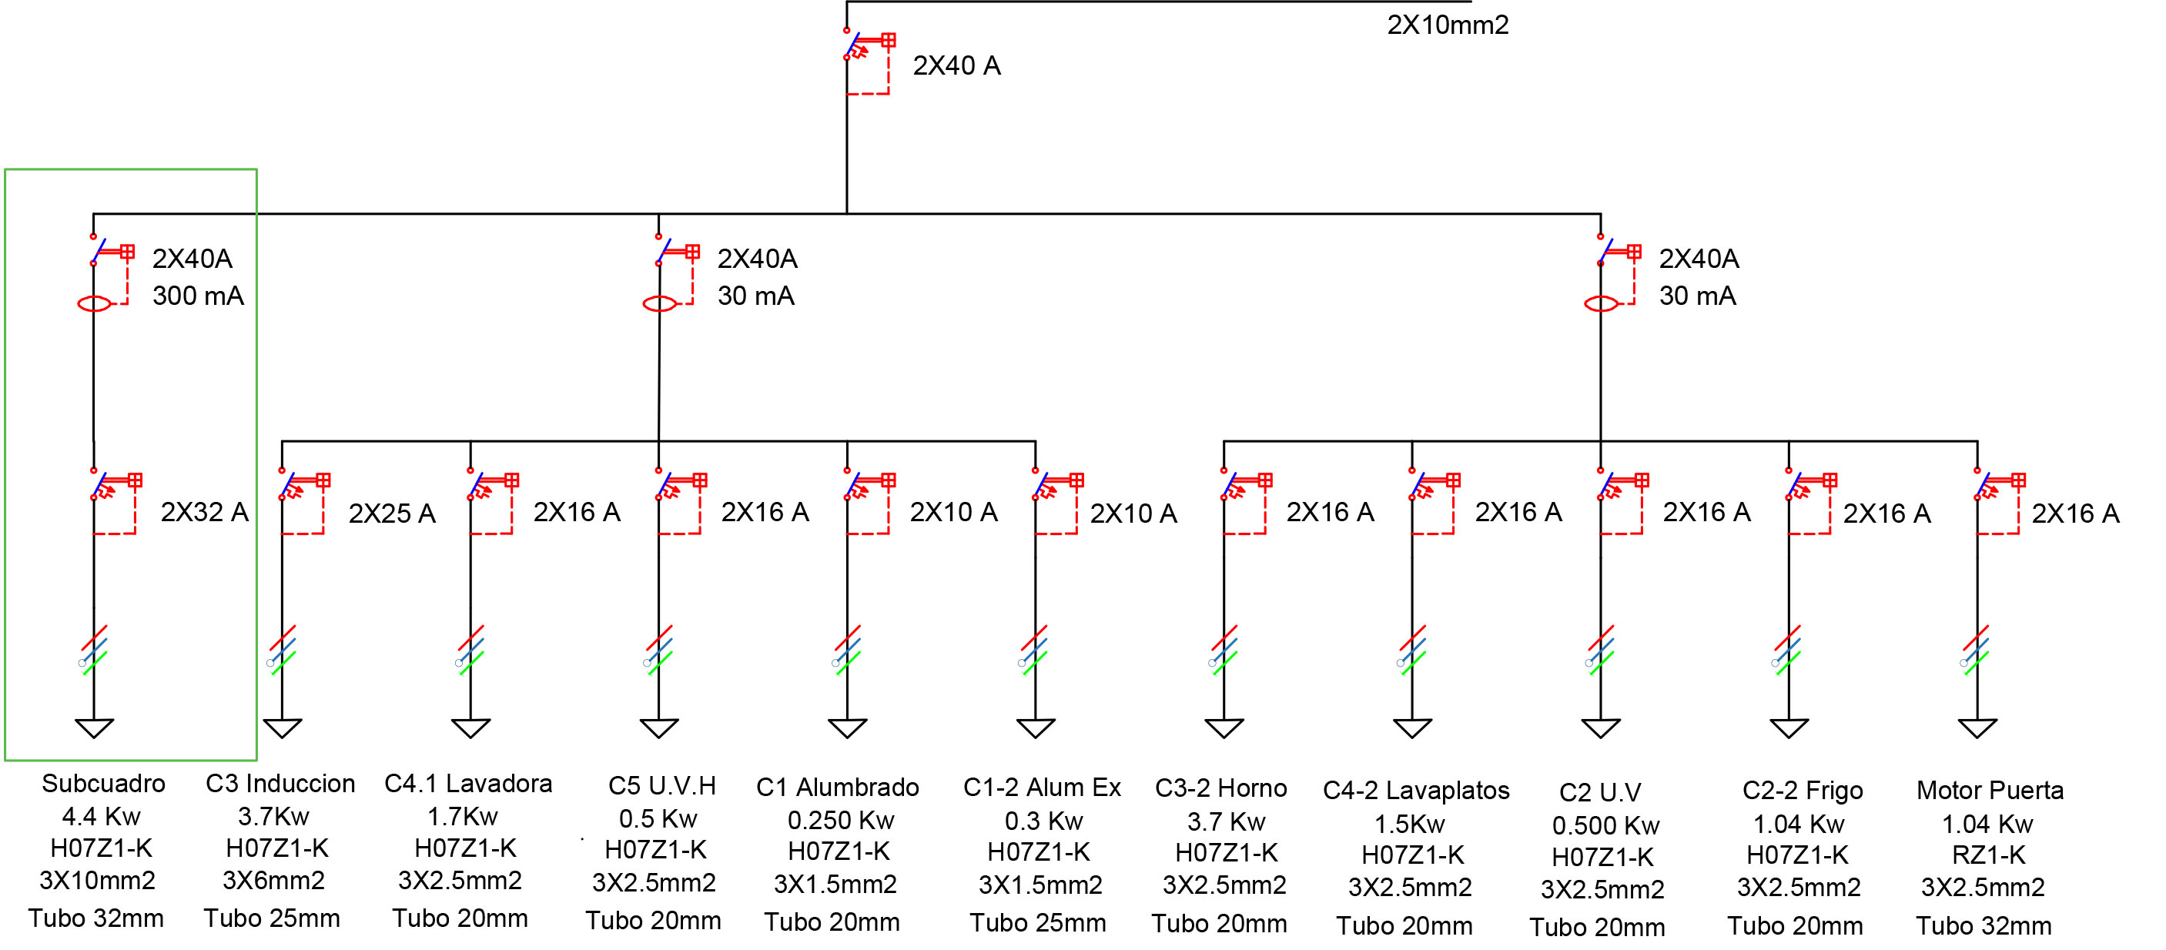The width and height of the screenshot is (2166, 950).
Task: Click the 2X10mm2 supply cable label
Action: point(1447,25)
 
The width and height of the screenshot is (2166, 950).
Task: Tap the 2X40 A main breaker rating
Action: point(956,65)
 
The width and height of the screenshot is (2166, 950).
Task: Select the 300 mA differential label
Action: point(198,296)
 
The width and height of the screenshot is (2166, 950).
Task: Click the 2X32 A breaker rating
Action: point(204,512)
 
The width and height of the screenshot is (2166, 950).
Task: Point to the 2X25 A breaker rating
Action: point(392,513)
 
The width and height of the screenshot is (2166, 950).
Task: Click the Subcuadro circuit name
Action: point(103,784)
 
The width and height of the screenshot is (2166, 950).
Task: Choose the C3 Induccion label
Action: point(280,784)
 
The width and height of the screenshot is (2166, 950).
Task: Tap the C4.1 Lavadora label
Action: point(468,784)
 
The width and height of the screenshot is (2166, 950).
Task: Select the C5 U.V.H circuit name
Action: point(661,786)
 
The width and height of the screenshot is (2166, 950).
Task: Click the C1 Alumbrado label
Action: point(838,788)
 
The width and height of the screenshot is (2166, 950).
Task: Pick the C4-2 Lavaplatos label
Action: point(1416,791)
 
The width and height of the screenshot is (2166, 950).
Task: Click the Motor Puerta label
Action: point(1990,791)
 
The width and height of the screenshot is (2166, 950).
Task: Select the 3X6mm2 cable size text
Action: point(273,881)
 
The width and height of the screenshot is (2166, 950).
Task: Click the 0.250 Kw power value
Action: point(841,821)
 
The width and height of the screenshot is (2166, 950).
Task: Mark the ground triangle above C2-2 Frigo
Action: point(1789,728)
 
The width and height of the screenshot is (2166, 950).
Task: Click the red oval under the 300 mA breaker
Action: point(94,304)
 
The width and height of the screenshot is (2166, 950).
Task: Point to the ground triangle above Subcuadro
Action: point(94,728)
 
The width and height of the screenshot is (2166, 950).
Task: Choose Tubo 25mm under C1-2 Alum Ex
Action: point(1038,923)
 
